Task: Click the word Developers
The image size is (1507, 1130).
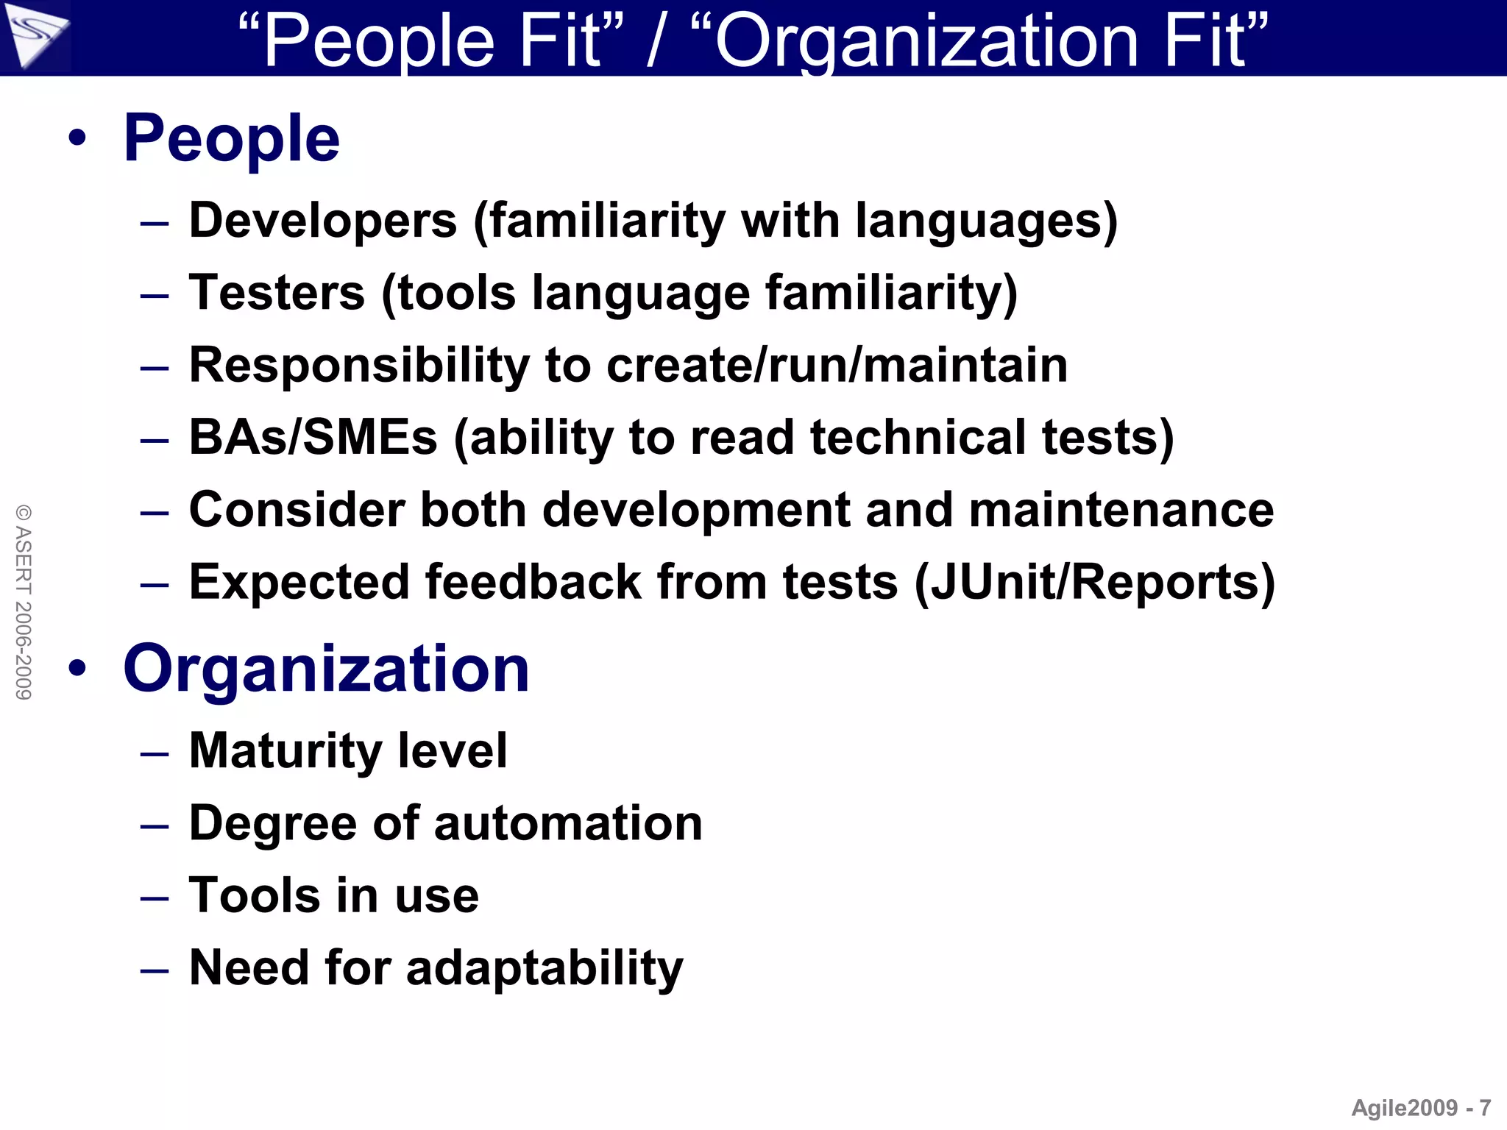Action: click(x=323, y=221)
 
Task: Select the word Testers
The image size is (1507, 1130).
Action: click(x=277, y=293)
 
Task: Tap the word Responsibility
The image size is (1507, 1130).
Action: click(x=358, y=366)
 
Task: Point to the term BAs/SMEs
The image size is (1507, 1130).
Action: click(x=313, y=438)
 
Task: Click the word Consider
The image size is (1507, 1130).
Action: click(x=297, y=510)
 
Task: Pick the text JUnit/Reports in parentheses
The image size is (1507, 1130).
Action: click(x=1095, y=583)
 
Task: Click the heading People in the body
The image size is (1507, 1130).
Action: click(x=231, y=139)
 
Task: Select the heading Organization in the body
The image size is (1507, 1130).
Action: click(x=326, y=669)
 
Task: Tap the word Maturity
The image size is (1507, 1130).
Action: click(x=286, y=750)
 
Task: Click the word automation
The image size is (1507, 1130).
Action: click(x=568, y=822)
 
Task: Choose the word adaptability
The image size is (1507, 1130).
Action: click(x=545, y=967)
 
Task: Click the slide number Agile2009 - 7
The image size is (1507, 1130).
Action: click(x=1421, y=1107)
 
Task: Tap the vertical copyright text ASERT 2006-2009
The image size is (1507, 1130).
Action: click(x=24, y=602)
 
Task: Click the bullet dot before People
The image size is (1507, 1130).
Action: click(x=77, y=138)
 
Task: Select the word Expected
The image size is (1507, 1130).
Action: click(x=299, y=583)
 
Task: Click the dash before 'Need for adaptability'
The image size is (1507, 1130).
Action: click(x=155, y=970)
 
